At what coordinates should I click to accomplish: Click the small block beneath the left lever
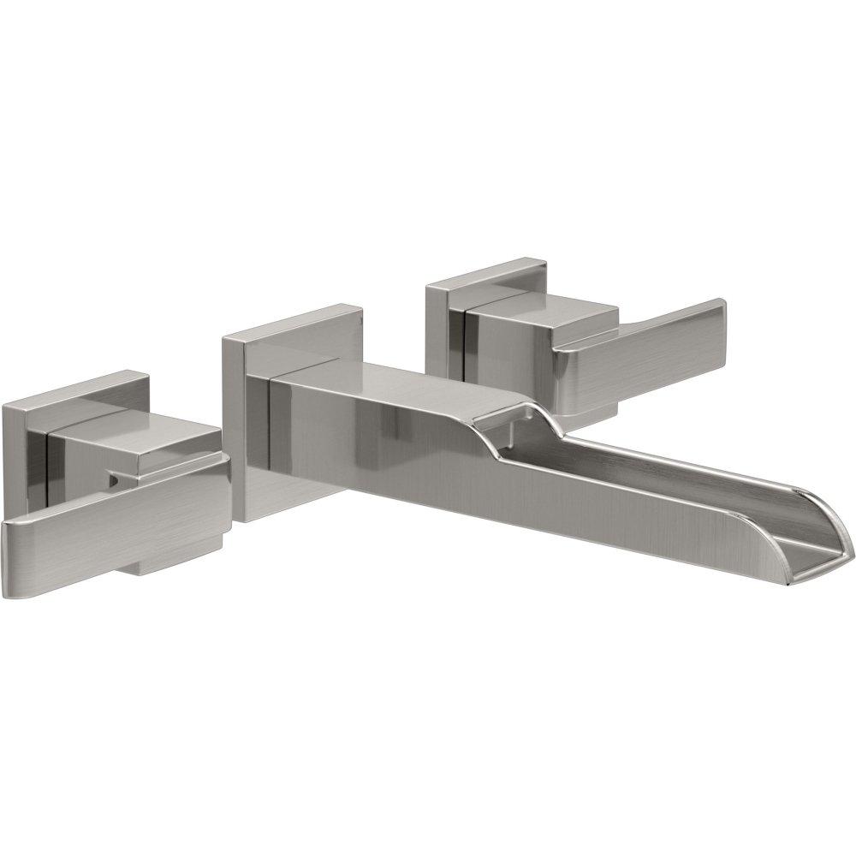click(x=175, y=561)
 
